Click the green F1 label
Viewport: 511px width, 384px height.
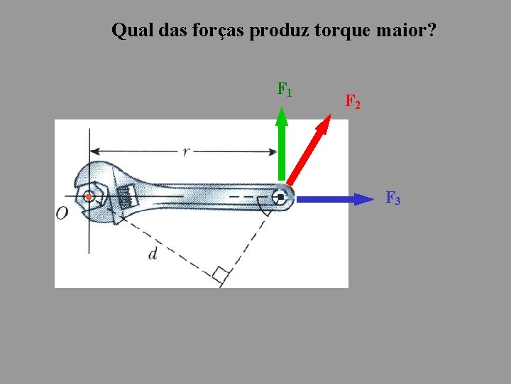point(285,90)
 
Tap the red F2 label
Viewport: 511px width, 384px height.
point(353,102)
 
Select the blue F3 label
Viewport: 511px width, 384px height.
point(393,198)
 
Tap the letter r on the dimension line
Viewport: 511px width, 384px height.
point(185,151)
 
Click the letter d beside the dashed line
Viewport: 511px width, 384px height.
point(153,253)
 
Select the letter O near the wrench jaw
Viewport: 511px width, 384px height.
point(62,213)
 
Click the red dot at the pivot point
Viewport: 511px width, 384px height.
point(89,197)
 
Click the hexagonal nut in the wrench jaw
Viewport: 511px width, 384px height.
point(90,197)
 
